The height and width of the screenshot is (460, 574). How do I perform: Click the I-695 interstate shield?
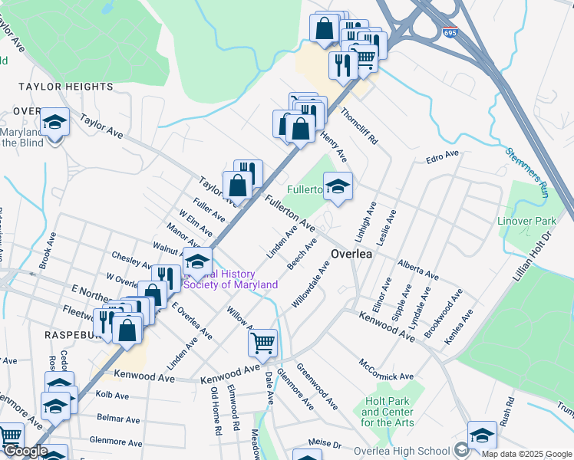450,34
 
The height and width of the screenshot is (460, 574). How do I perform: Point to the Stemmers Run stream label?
526,171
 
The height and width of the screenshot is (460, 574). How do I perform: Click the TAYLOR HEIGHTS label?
61,87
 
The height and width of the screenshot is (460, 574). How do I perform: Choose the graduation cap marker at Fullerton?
337,186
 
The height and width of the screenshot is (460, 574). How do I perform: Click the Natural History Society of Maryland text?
230,279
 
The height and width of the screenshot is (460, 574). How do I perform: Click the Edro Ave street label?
442,157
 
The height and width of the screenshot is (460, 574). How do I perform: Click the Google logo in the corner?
25,452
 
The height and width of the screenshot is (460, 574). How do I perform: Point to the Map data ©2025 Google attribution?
526,455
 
